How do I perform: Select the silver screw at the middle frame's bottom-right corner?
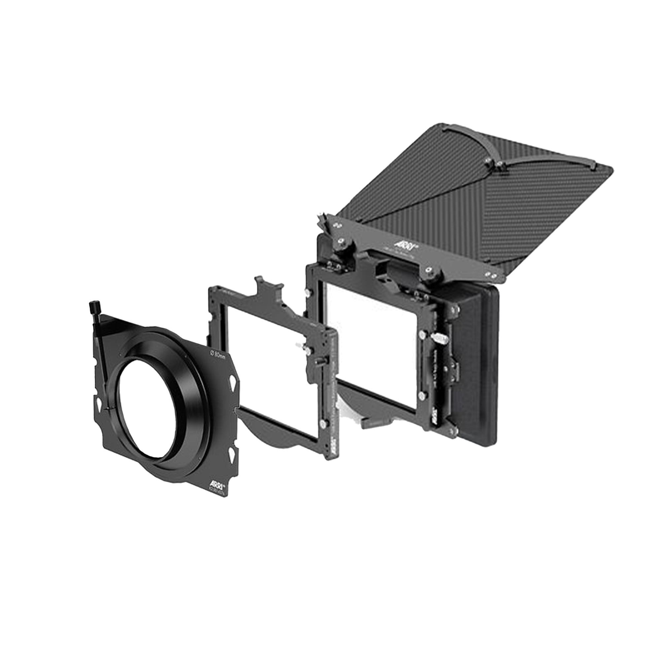pyautogui.click(x=322, y=425)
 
